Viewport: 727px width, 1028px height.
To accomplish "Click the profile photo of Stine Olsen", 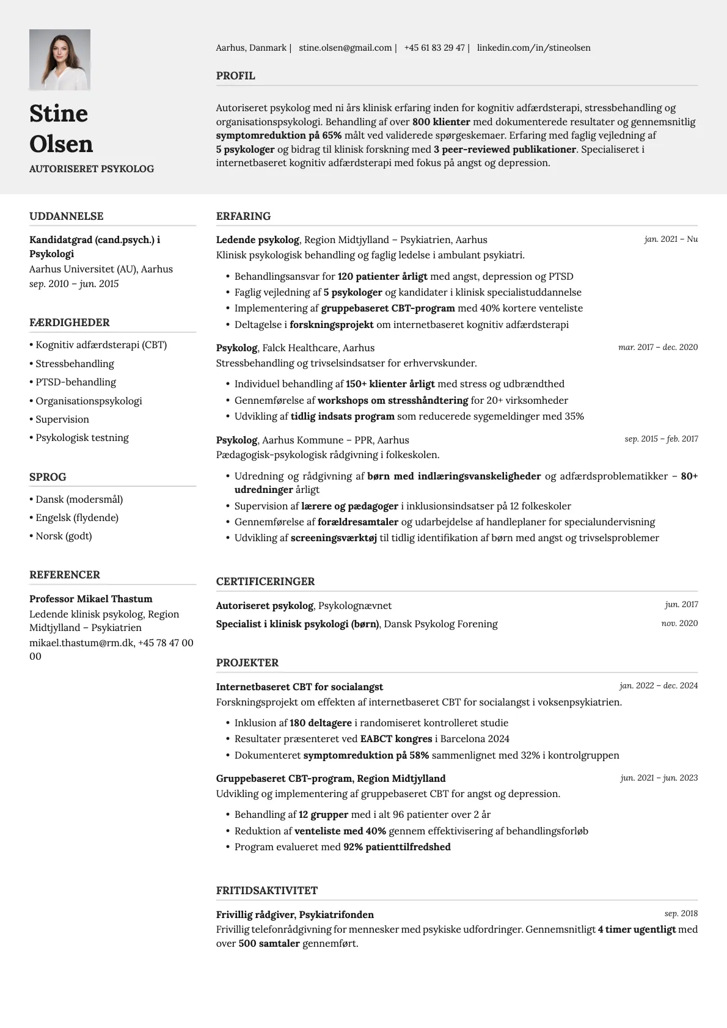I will [x=60, y=60].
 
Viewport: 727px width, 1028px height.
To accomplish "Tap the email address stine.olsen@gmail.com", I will [x=345, y=48].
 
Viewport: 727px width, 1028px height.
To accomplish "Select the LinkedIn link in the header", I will [x=533, y=48].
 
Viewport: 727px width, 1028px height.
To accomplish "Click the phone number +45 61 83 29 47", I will [x=434, y=48].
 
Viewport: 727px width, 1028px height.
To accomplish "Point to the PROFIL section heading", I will [x=235, y=76].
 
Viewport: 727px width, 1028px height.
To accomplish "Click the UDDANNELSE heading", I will [x=66, y=216].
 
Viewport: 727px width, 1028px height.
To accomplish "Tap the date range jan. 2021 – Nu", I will [x=670, y=239].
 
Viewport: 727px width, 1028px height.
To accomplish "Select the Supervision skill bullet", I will [x=62, y=419].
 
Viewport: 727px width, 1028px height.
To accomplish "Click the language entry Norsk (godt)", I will [x=64, y=536].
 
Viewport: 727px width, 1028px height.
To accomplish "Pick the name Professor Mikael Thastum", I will [x=90, y=599].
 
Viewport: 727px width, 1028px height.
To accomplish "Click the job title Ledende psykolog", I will [x=257, y=239].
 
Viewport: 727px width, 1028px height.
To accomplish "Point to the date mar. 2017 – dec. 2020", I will [x=657, y=347].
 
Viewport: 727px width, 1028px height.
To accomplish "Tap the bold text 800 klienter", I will [x=441, y=122].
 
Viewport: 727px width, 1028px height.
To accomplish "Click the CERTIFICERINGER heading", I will [x=265, y=581].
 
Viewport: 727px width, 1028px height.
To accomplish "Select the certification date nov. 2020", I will [x=679, y=623].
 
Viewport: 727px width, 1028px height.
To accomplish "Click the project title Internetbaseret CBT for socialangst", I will [x=299, y=687].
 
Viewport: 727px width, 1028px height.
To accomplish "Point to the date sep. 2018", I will [x=681, y=914].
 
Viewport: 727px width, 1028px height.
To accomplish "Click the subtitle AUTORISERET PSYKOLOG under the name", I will [x=92, y=169].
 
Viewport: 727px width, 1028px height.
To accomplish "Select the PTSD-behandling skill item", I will [x=75, y=382].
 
